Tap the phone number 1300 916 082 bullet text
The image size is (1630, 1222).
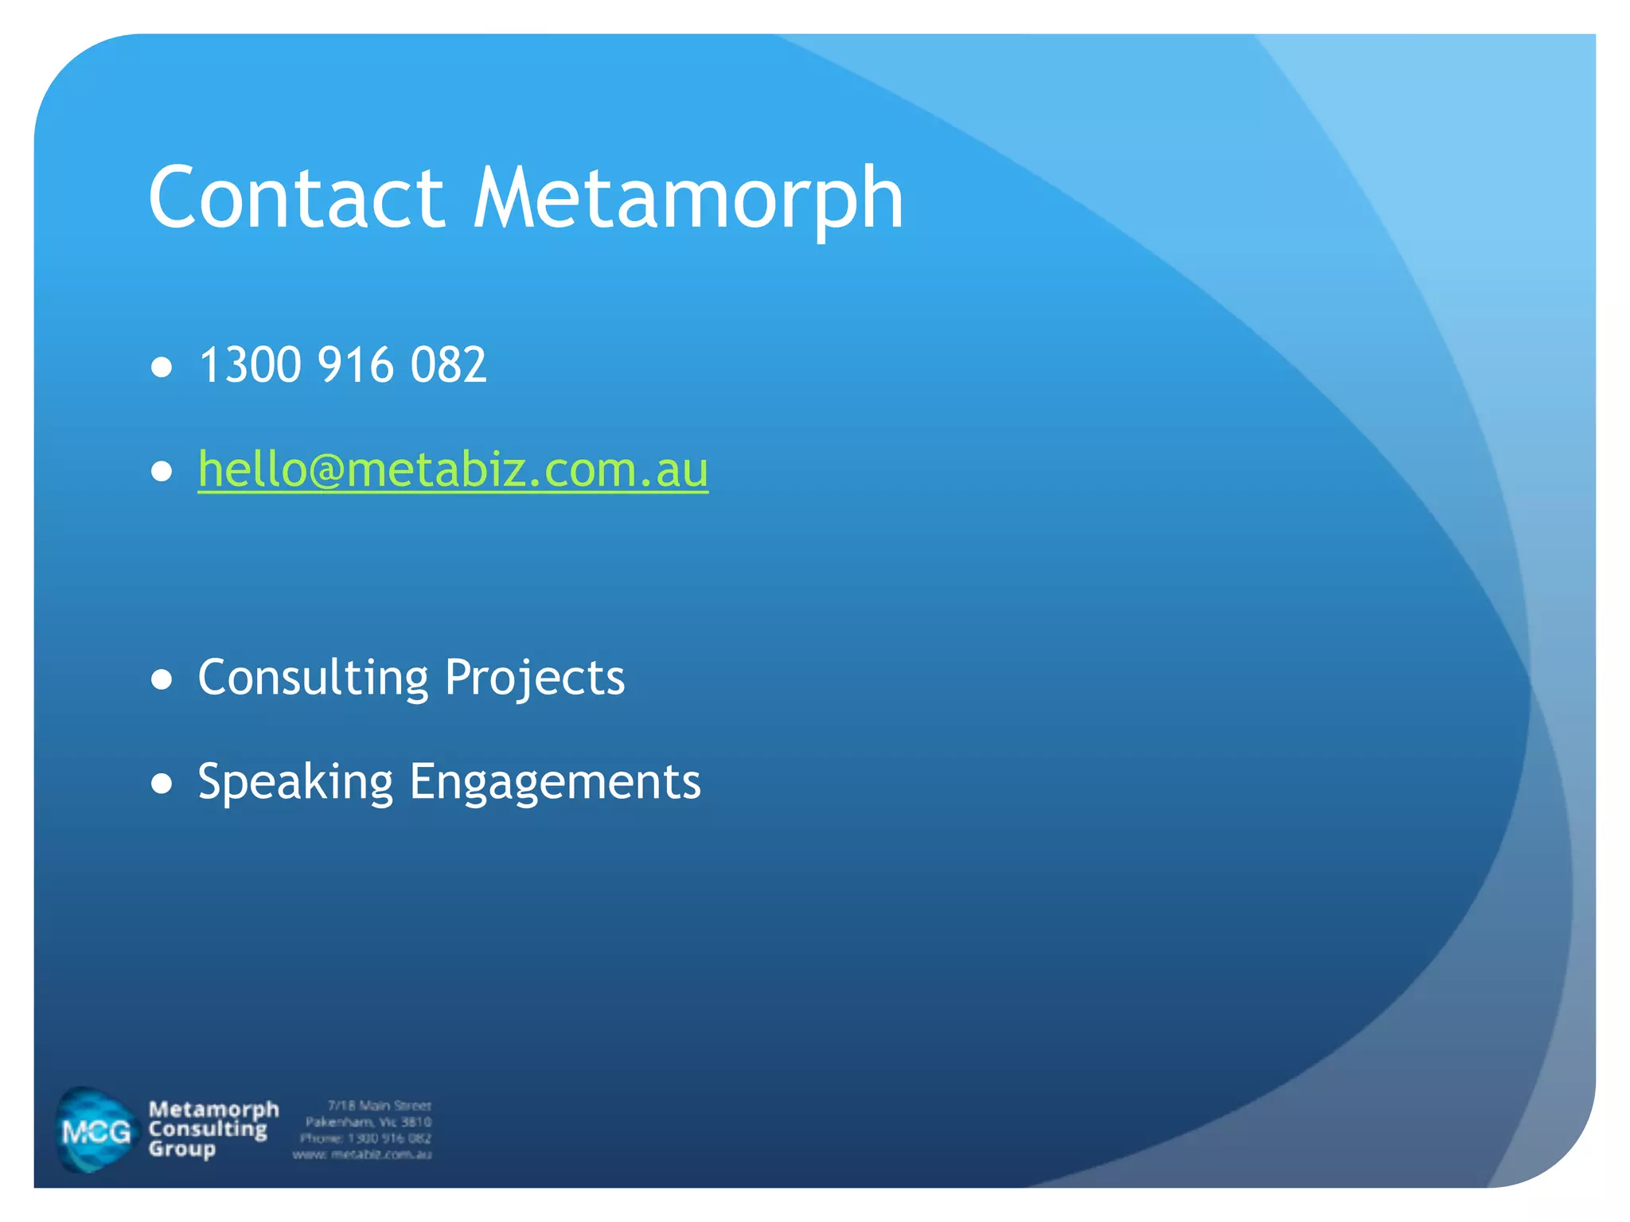tap(342, 365)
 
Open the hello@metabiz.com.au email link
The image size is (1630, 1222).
tap(453, 469)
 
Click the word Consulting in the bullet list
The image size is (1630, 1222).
tap(313, 678)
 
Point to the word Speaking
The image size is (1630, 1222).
tap(295, 783)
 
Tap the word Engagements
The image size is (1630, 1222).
tap(555, 783)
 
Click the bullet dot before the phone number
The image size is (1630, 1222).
tap(162, 367)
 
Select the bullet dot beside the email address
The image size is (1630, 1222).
tap(162, 471)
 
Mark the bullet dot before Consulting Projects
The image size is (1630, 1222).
tap(162, 679)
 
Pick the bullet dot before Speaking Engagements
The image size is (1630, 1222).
tap(162, 784)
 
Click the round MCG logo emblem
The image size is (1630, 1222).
tap(96, 1131)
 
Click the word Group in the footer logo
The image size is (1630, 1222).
tap(181, 1150)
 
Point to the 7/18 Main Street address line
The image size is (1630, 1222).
tap(379, 1106)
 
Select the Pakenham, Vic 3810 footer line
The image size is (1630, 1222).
tap(369, 1122)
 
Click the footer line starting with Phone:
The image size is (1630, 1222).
tap(365, 1138)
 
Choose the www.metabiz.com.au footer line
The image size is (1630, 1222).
tap(362, 1154)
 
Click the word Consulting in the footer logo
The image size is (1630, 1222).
tap(208, 1130)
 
